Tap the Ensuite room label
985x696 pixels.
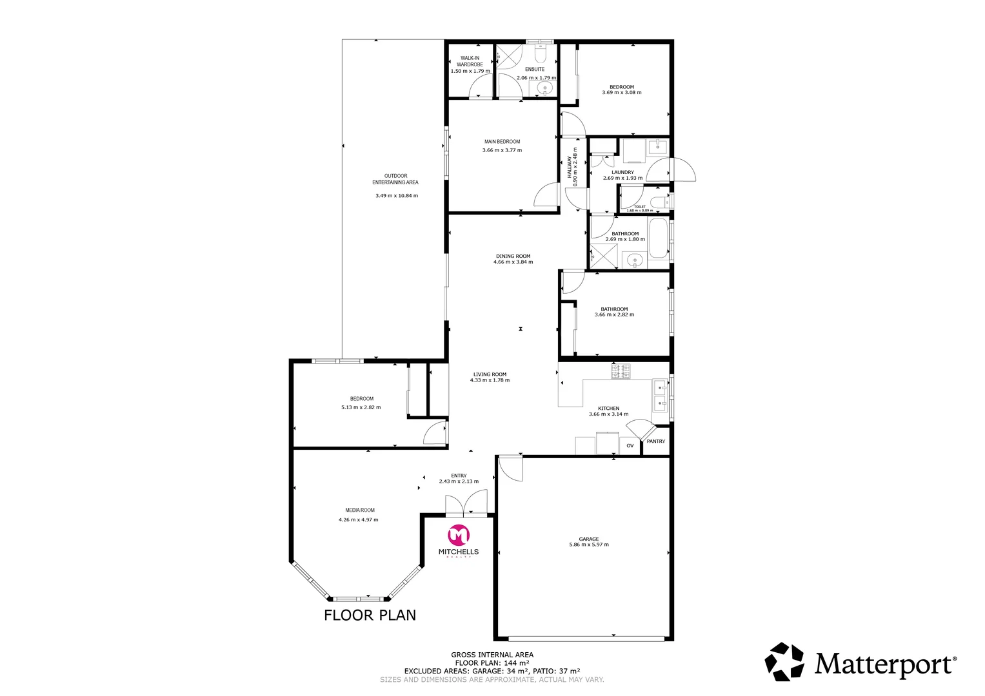pos(535,69)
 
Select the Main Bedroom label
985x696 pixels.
pos(502,142)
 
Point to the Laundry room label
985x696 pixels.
pos(622,172)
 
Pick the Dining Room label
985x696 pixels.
pos(513,256)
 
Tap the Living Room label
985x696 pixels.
pos(490,374)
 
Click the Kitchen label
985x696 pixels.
pos(608,409)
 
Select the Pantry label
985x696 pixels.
pos(655,441)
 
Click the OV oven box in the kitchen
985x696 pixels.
pos(630,446)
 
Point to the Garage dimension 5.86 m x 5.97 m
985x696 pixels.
pos(588,545)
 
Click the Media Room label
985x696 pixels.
pos(359,510)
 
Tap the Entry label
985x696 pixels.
pos(459,476)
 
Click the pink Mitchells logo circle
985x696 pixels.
pos(459,535)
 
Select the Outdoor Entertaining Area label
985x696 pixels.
pos(395,179)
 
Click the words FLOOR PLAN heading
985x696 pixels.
pos(370,615)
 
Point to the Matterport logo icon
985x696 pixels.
pos(784,662)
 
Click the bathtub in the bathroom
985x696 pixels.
pos(659,238)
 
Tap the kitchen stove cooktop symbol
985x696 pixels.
pos(621,371)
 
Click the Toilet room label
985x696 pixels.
pos(639,207)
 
